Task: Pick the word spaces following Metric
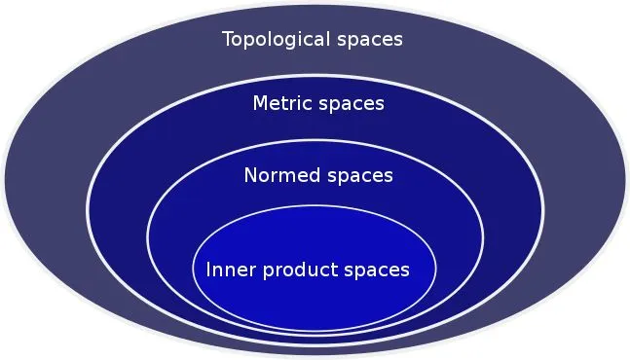(x=352, y=103)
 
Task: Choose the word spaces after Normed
(x=358, y=176)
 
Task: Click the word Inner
(x=227, y=269)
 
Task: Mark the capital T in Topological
(x=228, y=40)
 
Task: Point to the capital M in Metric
(x=260, y=103)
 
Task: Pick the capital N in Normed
(x=251, y=176)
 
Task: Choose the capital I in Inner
(x=208, y=269)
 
